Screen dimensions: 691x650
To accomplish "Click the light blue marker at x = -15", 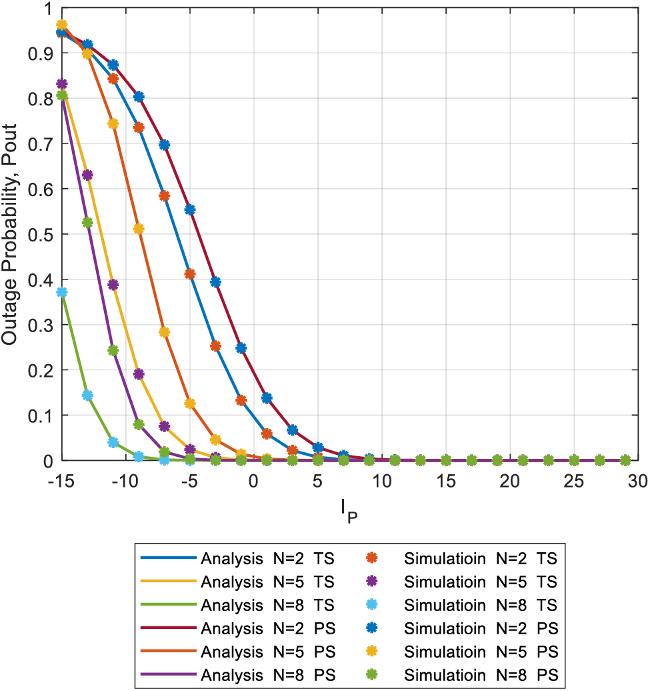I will coord(62,292).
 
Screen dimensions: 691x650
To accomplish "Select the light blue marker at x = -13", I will coord(87,396).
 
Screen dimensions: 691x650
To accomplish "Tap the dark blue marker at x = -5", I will coord(190,209).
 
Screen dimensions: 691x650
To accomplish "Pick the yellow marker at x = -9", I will coord(139,229).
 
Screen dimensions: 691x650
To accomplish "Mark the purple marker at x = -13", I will coord(87,175).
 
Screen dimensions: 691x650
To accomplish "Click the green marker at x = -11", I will coord(113,350).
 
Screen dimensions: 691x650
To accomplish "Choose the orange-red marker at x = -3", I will coord(215,346).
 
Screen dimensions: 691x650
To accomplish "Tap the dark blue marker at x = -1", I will coord(241,348).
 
